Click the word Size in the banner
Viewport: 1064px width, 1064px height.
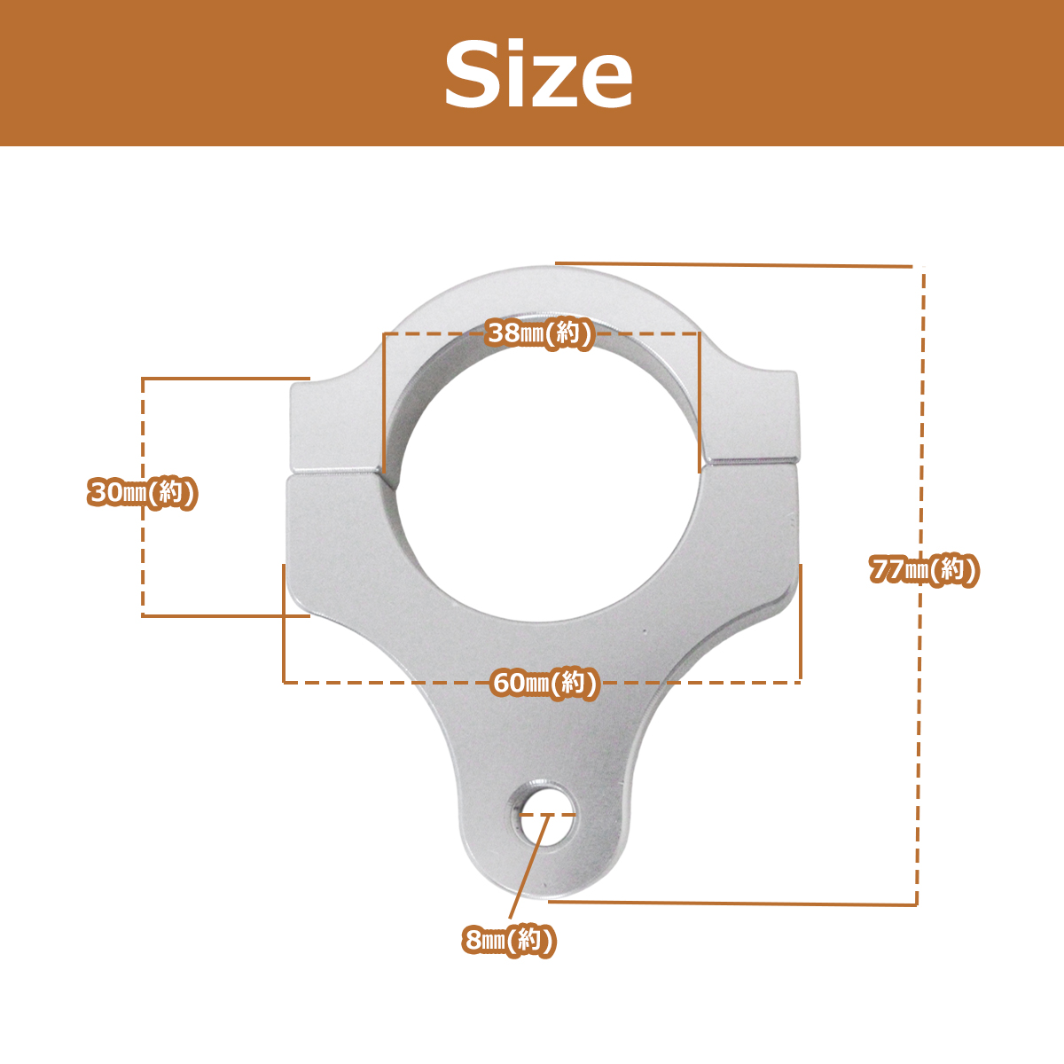538,74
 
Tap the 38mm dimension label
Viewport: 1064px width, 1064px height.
539,333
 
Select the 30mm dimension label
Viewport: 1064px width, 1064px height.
143,492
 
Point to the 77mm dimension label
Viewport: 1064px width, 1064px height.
924,569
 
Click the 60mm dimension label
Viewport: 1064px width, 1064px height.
544,683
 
